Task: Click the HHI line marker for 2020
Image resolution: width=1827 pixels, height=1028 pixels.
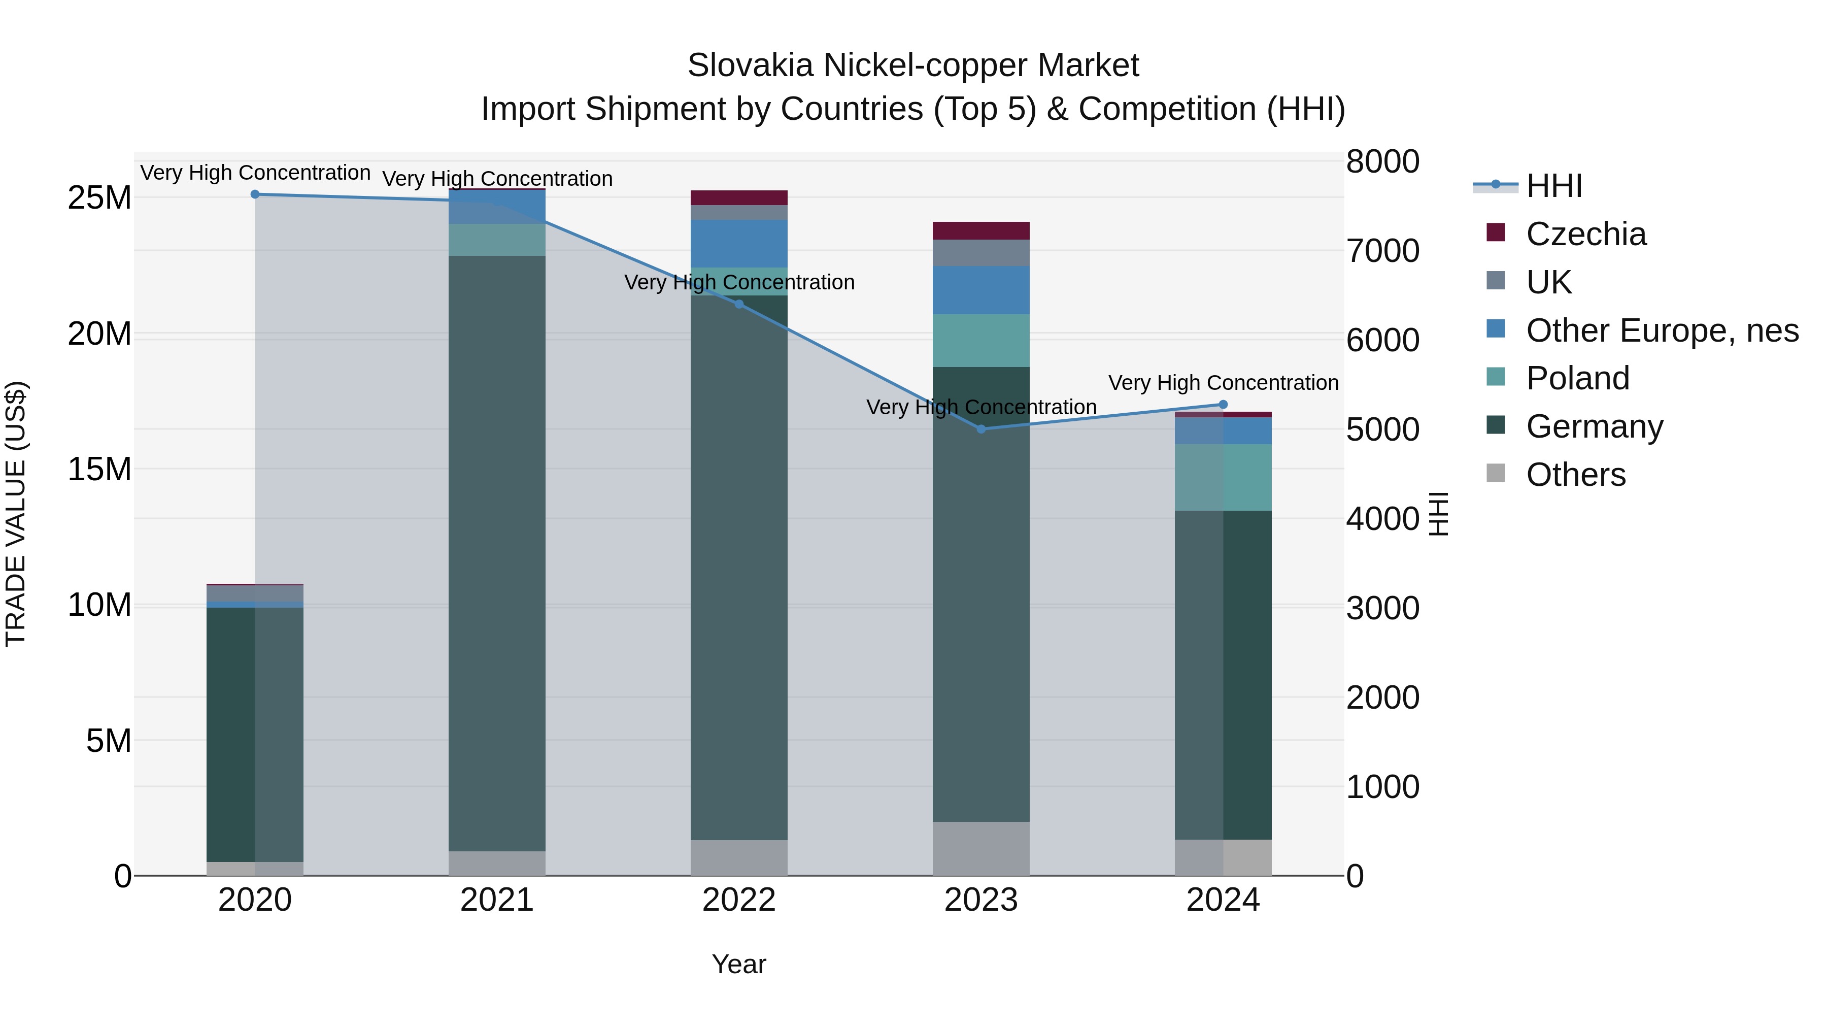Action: (x=255, y=194)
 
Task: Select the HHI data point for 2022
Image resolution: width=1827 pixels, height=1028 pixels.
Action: (x=739, y=305)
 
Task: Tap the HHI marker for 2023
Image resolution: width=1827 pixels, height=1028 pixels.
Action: (x=982, y=429)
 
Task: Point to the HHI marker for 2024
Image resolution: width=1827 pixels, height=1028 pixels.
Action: (x=1223, y=405)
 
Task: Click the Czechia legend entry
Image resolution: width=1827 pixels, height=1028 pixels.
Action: (x=1586, y=234)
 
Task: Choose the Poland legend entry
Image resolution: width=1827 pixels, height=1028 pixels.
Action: (x=1577, y=378)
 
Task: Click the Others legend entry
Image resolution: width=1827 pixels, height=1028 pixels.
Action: (x=1575, y=475)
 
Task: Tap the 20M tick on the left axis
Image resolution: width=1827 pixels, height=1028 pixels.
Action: (x=99, y=334)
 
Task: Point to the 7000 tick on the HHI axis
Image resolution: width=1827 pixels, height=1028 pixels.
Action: (x=1382, y=251)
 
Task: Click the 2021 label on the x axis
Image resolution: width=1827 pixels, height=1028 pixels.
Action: (x=496, y=900)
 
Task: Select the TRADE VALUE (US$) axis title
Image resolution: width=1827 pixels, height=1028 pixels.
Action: (x=16, y=514)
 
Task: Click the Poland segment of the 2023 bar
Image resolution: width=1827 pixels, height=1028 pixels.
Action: (x=981, y=341)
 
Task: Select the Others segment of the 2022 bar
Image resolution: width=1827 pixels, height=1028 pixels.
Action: (x=739, y=858)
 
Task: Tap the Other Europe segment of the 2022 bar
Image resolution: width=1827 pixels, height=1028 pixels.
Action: (x=739, y=243)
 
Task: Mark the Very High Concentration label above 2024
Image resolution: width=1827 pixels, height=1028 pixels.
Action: (x=1223, y=383)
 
